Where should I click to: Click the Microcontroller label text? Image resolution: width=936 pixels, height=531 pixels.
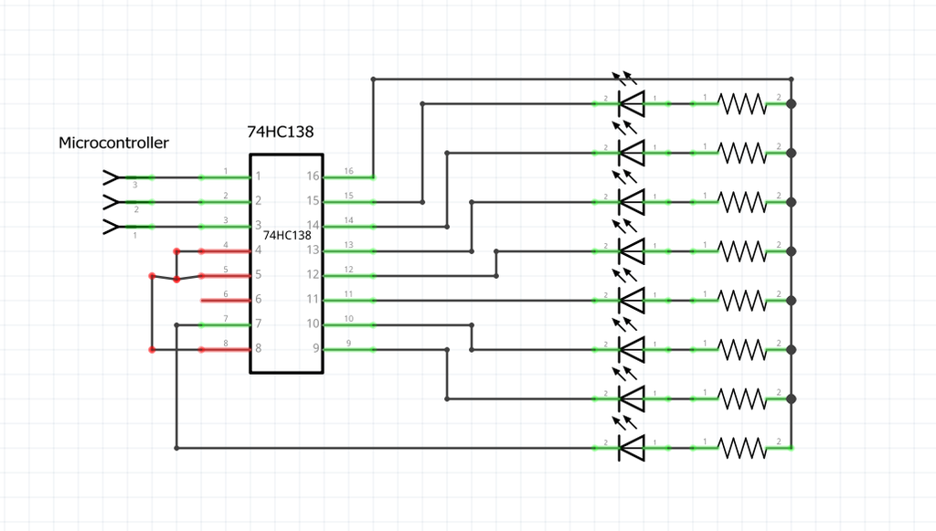coord(113,143)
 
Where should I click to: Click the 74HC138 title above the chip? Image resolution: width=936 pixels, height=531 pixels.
coord(286,133)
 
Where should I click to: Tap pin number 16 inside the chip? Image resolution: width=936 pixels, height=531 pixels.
coord(313,175)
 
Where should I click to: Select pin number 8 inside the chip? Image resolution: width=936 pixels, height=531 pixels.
coord(259,348)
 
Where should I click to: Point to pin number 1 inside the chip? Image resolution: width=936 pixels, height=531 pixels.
coord(259,175)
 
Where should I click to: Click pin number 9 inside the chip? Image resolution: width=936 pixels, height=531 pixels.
coord(314,348)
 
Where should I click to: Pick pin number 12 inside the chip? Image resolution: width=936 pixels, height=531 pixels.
coord(313,274)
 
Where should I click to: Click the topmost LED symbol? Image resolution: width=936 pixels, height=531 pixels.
coord(631,102)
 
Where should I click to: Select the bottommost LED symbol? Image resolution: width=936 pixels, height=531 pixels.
coord(631,448)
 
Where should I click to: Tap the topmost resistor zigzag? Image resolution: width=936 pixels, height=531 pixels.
coord(742,103)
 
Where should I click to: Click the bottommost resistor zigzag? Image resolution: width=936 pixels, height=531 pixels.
coord(742,448)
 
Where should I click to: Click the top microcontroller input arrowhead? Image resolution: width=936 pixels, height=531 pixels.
coord(110,176)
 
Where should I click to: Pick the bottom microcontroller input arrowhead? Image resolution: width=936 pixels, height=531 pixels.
coord(110,226)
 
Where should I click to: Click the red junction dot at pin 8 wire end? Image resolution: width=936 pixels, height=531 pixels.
coord(153,349)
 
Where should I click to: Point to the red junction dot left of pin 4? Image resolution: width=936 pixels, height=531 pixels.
coord(176,250)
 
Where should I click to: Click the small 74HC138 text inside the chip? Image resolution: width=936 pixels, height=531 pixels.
coord(286,236)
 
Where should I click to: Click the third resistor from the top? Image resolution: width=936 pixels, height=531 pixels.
coord(742,202)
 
